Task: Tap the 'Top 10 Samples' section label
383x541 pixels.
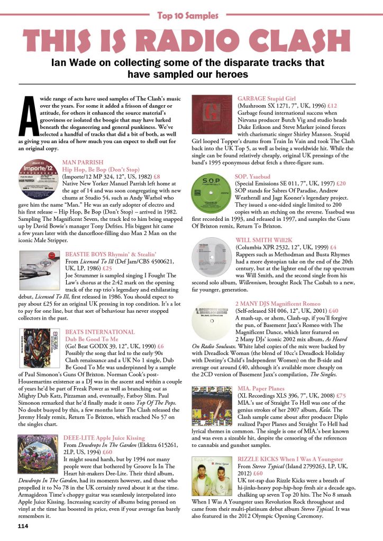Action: (191, 15)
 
